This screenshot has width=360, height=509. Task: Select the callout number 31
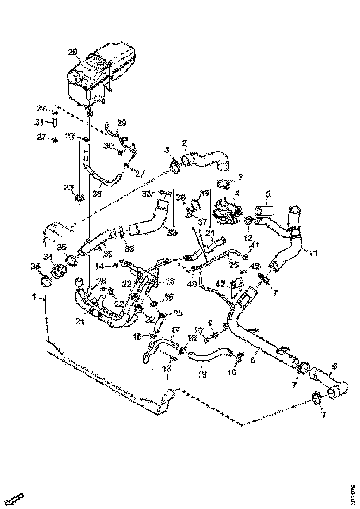coord(39,123)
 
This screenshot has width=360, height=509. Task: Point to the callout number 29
coord(121,123)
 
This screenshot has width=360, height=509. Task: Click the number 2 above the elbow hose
coord(184,143)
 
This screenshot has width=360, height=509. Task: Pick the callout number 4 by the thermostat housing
coord(236,193)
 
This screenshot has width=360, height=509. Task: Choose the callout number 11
coord(314,253)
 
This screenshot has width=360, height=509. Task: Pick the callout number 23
coord(68,187)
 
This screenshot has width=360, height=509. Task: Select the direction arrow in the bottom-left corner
coord(17,498)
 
